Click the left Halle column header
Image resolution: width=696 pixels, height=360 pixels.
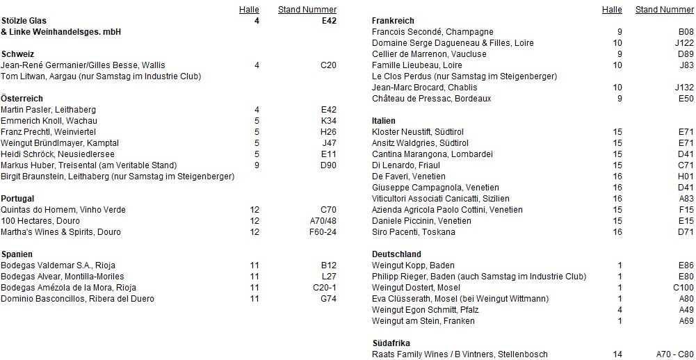(249, 10)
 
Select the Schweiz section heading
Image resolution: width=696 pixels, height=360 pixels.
(18, 54)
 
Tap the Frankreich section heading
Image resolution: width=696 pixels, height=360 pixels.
(393, 21)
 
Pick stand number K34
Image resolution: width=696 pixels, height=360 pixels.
(328, 121)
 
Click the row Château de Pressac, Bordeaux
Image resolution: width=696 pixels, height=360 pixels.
(431, 99)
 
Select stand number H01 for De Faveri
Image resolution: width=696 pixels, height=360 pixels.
(686, 177)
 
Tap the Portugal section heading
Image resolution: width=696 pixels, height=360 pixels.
(17, 199)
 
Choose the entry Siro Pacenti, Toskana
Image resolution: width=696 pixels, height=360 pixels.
(414, 232)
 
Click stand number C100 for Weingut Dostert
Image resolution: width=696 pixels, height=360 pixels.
(683, 288)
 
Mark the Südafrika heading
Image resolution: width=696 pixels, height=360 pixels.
(391, 343)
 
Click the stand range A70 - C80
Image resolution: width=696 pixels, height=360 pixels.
(674, 354)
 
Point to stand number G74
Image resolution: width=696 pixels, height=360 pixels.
(328, 299)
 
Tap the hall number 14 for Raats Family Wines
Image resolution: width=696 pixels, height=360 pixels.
(617, 354)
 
